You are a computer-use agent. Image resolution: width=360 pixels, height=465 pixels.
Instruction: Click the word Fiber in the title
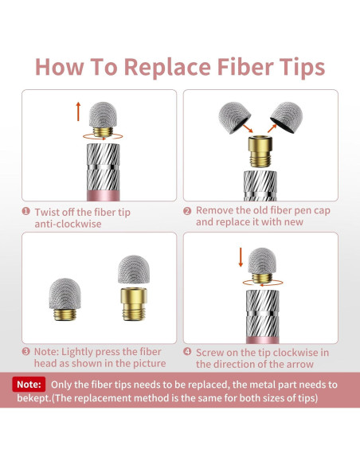pyautogui.click(x=245, y=67)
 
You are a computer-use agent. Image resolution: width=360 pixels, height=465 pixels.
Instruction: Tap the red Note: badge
pyautogui.click(x=29, y=385)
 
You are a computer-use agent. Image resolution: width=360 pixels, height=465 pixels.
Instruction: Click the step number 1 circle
pyautogui.click(x=26, y=211)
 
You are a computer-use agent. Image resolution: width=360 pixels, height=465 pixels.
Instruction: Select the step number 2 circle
pyautogui.click(x=187, y=211)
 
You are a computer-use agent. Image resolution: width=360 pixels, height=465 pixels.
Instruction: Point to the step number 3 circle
pyautogui.click(x=26, y=352)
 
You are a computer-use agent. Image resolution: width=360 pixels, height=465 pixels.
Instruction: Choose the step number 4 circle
pyautogui.click(x=187, y=352)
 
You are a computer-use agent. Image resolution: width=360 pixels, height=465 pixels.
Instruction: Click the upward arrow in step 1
pyautogui.click(x=78, y=111)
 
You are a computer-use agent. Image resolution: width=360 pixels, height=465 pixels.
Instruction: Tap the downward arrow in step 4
pyautogui.click(x=241, y=257)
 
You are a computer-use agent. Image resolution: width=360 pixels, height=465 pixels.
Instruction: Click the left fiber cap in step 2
pyautogui.click(x=234, y=118)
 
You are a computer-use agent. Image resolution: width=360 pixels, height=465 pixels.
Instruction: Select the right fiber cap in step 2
pyautogui.click(x=287, y=117)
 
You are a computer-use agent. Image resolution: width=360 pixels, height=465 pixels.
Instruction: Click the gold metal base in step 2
pyautogui.click(x=260, y=151)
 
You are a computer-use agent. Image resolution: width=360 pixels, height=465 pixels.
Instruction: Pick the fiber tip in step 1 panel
pyautogui.click(x=104, y=119)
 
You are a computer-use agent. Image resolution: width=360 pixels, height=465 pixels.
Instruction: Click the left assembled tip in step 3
pyautogui.click(x=65, y=299)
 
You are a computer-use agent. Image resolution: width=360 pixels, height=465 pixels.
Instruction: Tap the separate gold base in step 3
pyautogui.click(x=134, y=304)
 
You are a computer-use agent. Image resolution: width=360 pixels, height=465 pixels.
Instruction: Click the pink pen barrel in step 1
pyautogui.click(x=104, y=196)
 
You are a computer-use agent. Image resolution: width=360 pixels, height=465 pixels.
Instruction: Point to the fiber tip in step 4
pyautogui.click(x=262, y=265)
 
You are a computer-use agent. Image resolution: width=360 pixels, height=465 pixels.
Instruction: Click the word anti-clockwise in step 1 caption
pyautogui.click(x=68, y=224)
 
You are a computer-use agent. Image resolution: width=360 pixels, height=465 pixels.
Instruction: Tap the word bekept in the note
pyautogui.click(x=33, y=397)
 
